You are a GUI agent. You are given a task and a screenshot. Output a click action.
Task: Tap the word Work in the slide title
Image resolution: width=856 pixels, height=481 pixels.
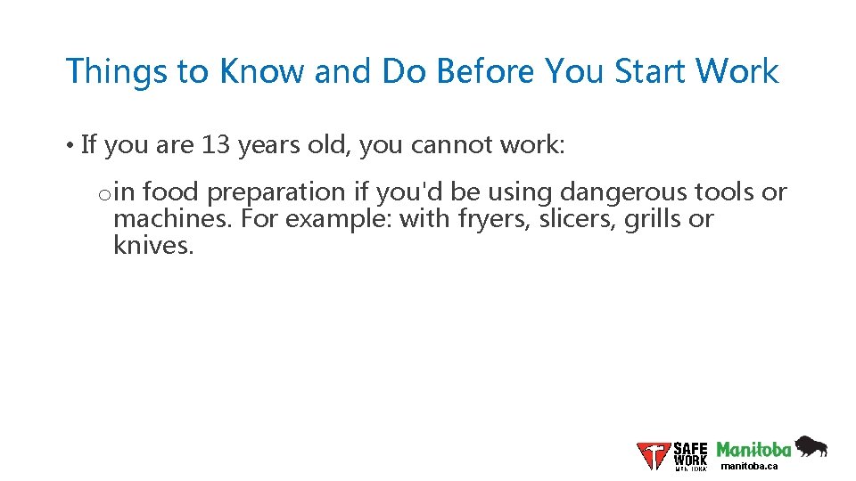737,71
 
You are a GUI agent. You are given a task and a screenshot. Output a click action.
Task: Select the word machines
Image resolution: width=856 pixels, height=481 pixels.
172,218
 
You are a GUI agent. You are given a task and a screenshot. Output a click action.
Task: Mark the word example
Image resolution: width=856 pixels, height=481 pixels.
339,218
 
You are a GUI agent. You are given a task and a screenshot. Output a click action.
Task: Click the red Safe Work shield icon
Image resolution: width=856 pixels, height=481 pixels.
653,455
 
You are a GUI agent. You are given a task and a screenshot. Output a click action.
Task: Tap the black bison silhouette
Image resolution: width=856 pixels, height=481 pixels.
811,446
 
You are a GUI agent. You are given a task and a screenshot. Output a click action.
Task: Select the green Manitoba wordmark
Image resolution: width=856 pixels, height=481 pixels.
754,449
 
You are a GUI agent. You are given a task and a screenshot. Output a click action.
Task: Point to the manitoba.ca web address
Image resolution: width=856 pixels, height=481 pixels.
749,466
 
